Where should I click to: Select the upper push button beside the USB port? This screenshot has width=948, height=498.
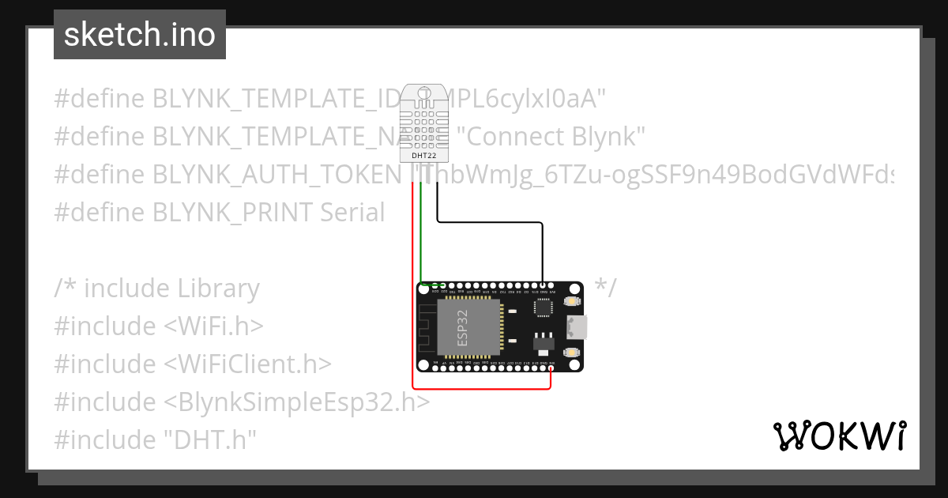coord(570,302)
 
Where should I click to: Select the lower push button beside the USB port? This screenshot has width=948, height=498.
coord(570,352)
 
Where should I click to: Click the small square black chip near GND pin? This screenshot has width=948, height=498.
coord(544,309)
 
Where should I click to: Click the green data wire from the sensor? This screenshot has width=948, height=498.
coord(421,237)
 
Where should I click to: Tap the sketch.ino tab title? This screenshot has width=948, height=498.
coord(140,35)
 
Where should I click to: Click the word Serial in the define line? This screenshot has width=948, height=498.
coord(353,213)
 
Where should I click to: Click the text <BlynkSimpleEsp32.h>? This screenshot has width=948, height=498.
coord(297,402)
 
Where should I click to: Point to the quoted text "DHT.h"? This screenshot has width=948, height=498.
coord(211,440)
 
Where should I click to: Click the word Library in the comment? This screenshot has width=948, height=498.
coord(217,289)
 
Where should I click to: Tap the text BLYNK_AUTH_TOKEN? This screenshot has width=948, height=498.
coord(276,175)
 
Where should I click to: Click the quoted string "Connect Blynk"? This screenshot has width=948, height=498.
coord(551,137)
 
